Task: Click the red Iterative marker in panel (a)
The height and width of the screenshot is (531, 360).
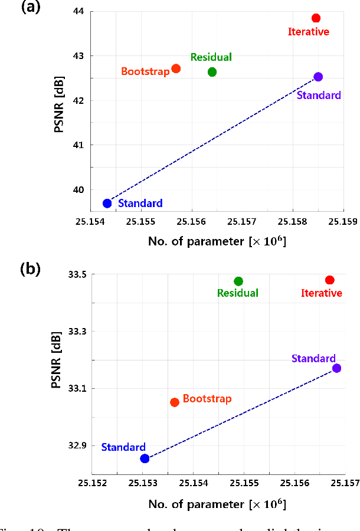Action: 316,18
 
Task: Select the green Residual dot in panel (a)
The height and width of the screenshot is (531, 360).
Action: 212,72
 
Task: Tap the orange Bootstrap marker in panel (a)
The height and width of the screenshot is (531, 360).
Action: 176,68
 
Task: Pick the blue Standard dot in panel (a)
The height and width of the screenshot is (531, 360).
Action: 107,203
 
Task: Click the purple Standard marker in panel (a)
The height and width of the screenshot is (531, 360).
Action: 318,77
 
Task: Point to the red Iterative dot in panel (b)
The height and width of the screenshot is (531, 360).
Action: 330,280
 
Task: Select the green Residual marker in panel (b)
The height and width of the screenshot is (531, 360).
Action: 238,281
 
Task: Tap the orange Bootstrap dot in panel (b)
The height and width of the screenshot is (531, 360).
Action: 175,402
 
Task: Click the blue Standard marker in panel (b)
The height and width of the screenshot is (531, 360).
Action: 145,458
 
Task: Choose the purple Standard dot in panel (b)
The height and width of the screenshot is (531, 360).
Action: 336,368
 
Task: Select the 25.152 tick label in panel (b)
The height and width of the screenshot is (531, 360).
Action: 91,485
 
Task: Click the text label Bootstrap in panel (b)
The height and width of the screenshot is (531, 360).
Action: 207,399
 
